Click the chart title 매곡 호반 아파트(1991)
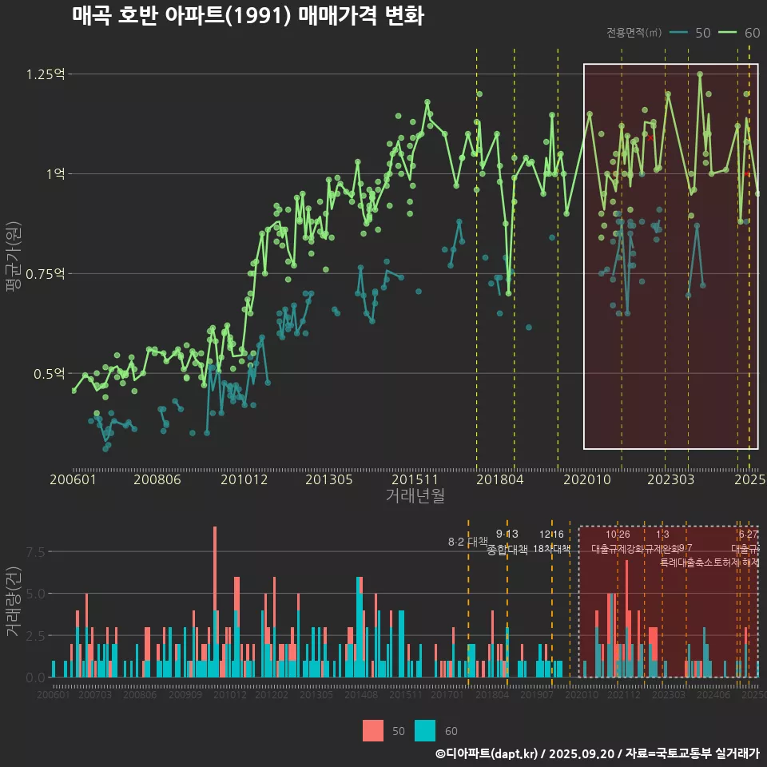click(x=248, y=16)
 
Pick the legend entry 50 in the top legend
click(x=690, y=33)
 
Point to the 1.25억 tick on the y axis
click(x=45, y=74)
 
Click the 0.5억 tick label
click(x=48, y=373)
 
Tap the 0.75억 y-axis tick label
click(x=45, y=273)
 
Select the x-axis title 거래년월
click(x=415, y=495)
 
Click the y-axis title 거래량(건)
click(x=14, y=601)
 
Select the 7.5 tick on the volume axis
click(x=35, y=551)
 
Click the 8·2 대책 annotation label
click(x=467, y=542)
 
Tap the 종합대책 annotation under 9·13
click(x=507, y=550)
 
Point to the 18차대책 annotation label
click(x=551, y=549)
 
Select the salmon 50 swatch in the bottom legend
click(x=373, y=730)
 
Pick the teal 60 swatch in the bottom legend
click(x=425, y=730)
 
